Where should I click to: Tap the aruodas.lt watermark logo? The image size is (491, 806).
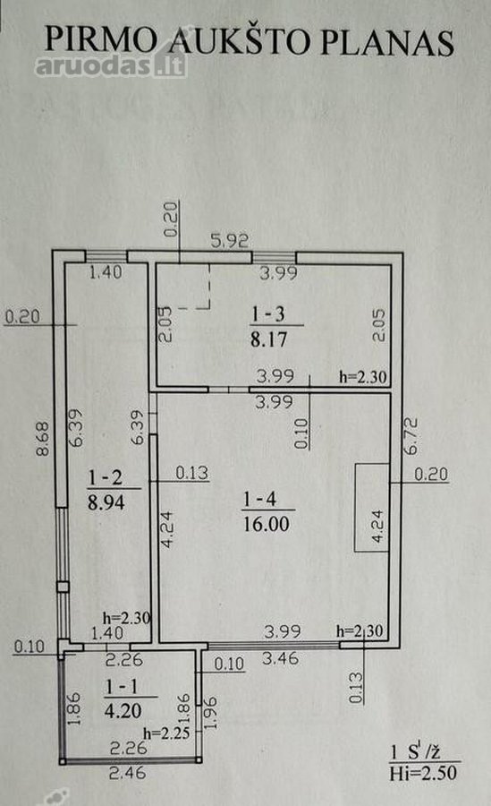[x=111, y=65]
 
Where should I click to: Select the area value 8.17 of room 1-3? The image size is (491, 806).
[x=268, y=339]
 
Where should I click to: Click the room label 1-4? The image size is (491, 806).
[x=259, y=499]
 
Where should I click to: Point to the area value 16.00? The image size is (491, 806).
[x=266, y=524]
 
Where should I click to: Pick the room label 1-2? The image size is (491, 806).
[x=106, y=477]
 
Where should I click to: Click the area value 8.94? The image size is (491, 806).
[x=106, y=502]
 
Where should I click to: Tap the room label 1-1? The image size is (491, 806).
[x=122, y=686]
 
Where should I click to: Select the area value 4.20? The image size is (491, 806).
[x=123, y=711]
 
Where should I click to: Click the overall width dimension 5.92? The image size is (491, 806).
[x=230, y=241]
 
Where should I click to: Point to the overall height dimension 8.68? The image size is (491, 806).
[x=43, y=439]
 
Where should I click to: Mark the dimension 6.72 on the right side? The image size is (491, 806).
[x=411, y=436]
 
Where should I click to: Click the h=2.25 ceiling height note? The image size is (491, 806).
[x=166, y=733]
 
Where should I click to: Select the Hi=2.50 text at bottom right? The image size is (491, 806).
[x=423, y=773]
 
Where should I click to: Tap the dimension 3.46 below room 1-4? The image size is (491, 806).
[x=280, y=657]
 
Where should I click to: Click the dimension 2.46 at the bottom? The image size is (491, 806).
[x=127, y=772]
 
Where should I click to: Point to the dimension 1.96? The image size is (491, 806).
[x=210, y=713]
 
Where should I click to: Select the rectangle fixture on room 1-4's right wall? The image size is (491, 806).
[x=372, y=508]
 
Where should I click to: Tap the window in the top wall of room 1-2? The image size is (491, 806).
[x=106, y=256]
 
